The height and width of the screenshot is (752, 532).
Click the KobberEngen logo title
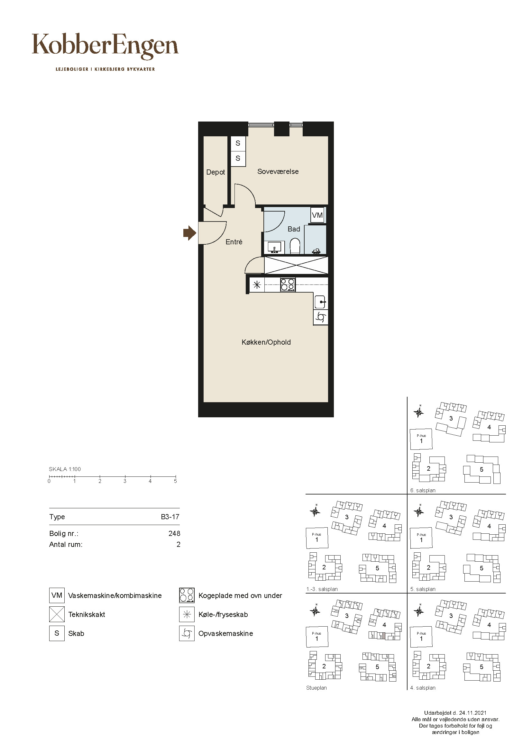point(105,46)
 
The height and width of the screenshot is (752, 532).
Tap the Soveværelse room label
point(278,172)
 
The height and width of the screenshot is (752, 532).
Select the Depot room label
point(216,172)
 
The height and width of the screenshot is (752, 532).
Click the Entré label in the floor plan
point(234,242)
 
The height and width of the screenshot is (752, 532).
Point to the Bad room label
point(294,229)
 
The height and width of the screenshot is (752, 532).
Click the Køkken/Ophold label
point(266,342)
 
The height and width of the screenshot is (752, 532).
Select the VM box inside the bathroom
point(317,215)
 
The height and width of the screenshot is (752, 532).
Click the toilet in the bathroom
point(295,246)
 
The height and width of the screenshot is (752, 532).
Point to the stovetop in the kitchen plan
point(288,285)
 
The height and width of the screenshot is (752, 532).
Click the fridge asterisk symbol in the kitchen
point(257,285)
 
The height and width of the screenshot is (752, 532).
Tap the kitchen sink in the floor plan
point(320,302)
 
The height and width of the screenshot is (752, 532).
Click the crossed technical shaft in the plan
point(296,265)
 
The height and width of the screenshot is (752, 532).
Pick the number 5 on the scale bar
point(176,481)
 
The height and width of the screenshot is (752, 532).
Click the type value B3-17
point(170,517)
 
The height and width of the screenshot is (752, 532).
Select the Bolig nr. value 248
point(174,534)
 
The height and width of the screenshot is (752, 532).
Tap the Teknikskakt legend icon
point(57,614)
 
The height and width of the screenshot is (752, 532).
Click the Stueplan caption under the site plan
point(316,688)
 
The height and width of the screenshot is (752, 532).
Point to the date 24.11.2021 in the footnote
point(473,713)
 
